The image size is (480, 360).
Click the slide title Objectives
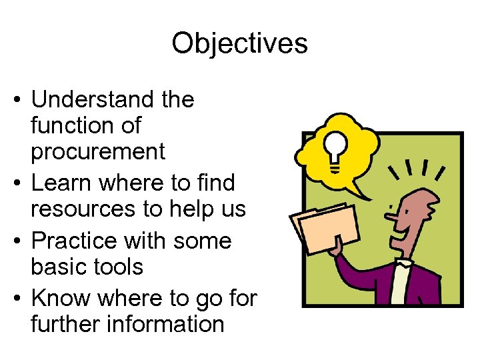[239, 44]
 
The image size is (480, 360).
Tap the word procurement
[98, 152]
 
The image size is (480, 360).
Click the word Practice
[74, 240]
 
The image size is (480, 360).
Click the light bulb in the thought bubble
[334, 145]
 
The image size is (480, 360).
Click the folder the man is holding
[320, 227]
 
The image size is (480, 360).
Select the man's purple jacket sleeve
[353, 267]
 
